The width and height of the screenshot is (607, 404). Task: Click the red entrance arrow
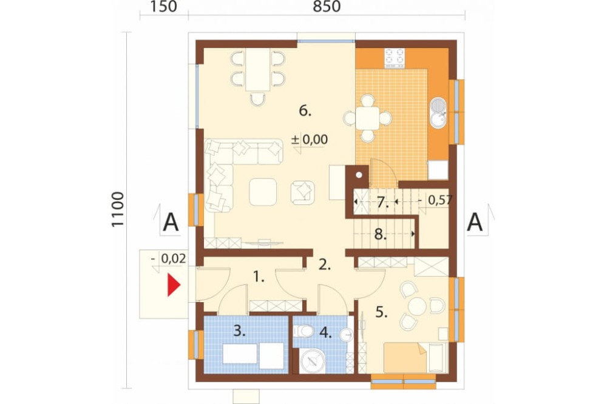[174, 285]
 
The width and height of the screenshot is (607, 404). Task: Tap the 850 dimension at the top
[327, 7]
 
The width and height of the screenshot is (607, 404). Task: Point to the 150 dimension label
[163, 7]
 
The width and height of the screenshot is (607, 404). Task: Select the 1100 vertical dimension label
[118, 209]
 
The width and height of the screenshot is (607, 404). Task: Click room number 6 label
[305, 111]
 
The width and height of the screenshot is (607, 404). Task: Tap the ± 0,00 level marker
[310, 140]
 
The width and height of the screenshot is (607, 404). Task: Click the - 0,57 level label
[435, 200]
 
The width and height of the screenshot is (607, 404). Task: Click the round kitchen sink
[438, 112]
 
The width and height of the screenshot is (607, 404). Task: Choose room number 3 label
[240, 331]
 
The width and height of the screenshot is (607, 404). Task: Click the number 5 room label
[381, 312]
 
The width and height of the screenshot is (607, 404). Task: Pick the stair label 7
[382, 203]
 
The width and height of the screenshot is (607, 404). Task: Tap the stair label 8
[381, 234]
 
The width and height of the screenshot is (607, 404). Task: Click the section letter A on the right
[475, 223]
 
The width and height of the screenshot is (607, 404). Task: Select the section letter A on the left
[171, 223]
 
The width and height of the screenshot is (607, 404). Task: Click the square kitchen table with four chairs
[368, 118]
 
